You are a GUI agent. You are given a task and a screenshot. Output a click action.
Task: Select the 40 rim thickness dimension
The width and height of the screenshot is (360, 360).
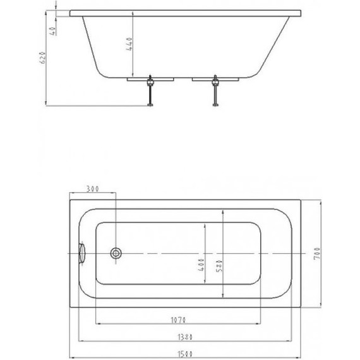55,30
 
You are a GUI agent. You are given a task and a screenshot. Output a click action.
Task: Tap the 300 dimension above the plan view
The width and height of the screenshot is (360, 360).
92,189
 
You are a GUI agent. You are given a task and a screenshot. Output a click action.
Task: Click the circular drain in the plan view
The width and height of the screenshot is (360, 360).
116,253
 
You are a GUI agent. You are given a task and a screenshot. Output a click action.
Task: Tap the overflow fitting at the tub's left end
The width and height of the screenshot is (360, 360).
80,253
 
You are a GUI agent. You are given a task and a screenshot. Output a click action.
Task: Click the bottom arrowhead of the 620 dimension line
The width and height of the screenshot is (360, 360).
49,104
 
